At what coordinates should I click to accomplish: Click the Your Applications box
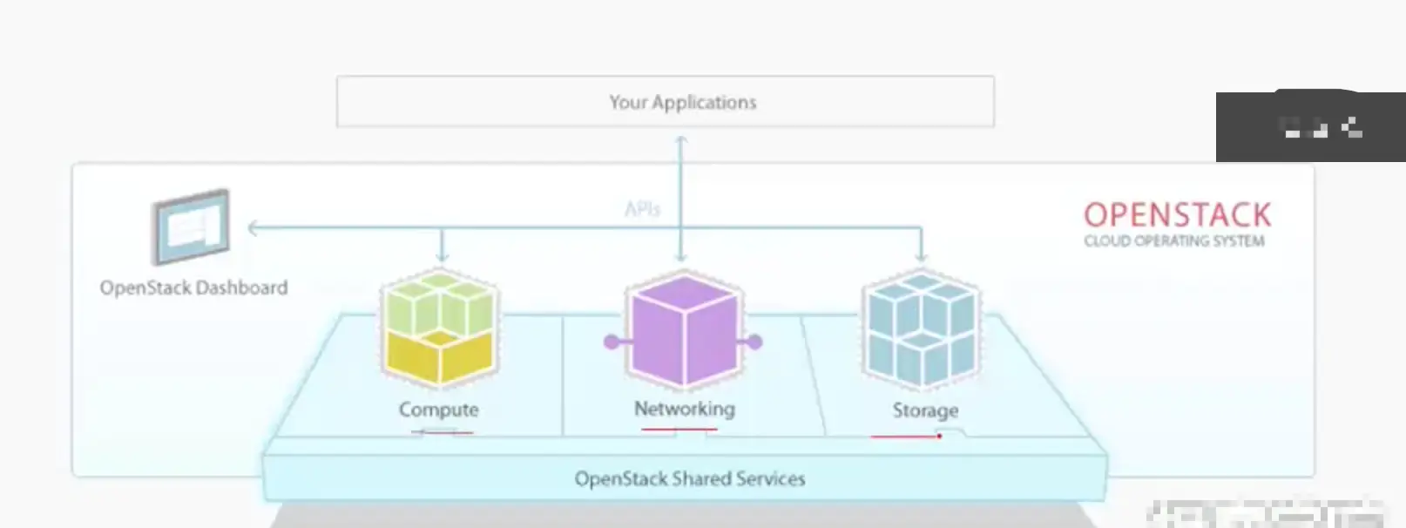click(665, 102)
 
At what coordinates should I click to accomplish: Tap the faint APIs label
click(642, 209)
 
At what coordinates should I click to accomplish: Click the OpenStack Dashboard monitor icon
click(191, 227)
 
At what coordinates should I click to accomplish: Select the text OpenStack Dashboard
click(193, 288)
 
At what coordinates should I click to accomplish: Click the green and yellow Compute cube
click(439, 328)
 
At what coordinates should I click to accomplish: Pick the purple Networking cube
click(683, 329)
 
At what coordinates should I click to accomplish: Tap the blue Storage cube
click(922, 328)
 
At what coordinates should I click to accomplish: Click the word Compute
click(438, 410)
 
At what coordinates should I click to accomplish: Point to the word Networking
click(684, 409)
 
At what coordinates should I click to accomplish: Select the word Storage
click(925, 410)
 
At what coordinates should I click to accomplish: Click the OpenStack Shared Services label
click(689, 478)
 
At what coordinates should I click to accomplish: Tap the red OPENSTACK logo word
click(1177, 215)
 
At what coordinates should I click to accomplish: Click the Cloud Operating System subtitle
click(1173, 241)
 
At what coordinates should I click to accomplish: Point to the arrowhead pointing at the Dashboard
click(253, 228)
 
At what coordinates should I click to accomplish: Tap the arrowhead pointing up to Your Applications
click(681, 139)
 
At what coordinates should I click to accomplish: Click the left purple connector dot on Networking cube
click(612, 342)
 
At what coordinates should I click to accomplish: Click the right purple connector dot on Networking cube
click(754, 342)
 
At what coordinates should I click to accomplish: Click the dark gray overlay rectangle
click(1310, 127)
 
